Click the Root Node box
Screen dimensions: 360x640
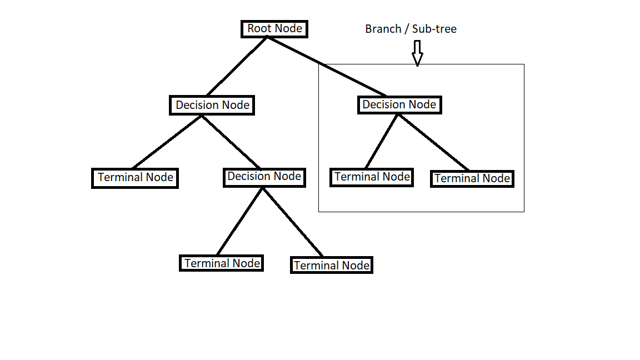tap(274, 29)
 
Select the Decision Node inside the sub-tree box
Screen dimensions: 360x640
tap(399, 104)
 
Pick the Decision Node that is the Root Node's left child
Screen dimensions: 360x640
tap(212, 105)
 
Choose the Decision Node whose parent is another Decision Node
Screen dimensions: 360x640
tap(264, 177)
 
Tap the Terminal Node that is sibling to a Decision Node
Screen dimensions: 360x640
tap(135, 178)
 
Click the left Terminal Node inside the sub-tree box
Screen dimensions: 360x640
tap(372, 177)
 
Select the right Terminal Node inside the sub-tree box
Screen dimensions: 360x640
tap(472, 179)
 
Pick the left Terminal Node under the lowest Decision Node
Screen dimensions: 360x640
tap(221, 263)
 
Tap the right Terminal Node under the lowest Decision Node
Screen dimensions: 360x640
tap(331, 266)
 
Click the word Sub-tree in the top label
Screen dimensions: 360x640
tap(434, 29)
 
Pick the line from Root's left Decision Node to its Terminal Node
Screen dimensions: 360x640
tap(167, 142)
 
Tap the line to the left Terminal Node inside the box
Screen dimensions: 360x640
tap(382, 141)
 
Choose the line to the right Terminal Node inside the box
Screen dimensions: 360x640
tap(433, 142)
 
